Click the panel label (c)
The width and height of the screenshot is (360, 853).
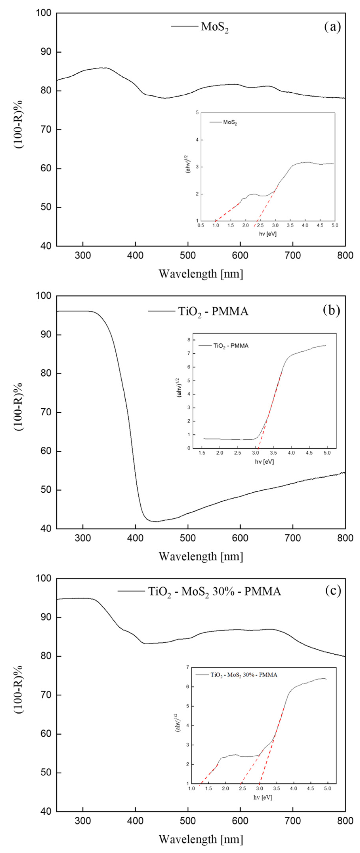[332, 590]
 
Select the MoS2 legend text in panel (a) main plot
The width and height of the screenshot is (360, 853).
[215, 27]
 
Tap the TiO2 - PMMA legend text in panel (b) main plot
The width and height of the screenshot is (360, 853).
[213, 312]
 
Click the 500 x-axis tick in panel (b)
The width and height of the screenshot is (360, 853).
[188, 538]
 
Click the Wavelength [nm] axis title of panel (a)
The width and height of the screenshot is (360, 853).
[201, 274]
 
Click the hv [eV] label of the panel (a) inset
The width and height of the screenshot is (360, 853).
[268, 234]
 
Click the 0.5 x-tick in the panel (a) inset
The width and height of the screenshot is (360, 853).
[201, 225]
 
